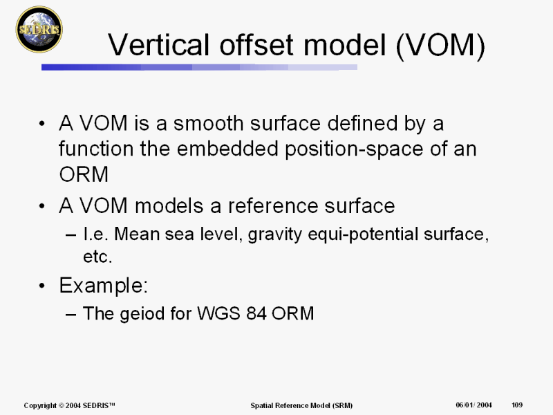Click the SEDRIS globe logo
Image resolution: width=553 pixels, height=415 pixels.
(x=39, y=29)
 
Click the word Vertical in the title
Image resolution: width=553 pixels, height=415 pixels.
(x=158, y=45)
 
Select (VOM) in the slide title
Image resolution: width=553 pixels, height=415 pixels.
(x=440, y=46)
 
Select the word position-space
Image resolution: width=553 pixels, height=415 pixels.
(x=354, y=149)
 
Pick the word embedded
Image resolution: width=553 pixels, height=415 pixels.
(x=228, y=149)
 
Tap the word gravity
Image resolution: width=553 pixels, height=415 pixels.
(x=274, y=235)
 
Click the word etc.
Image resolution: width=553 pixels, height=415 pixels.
(x=97, y=257)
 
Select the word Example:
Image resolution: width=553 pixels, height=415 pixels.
(x=103, y=286)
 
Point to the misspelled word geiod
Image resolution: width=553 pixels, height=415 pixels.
(x=142, y=314)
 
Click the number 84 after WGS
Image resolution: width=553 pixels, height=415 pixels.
(x=256, y=313)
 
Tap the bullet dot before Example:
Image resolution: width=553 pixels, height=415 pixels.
(x=42, y=286)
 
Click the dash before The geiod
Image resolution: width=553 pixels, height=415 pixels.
(x=71, y=314)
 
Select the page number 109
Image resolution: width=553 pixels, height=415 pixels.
(x=517, y=405)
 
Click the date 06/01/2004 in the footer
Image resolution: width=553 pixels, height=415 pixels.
(x=474, y=405)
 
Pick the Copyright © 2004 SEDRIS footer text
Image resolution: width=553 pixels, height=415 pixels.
(x=70, y=405)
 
